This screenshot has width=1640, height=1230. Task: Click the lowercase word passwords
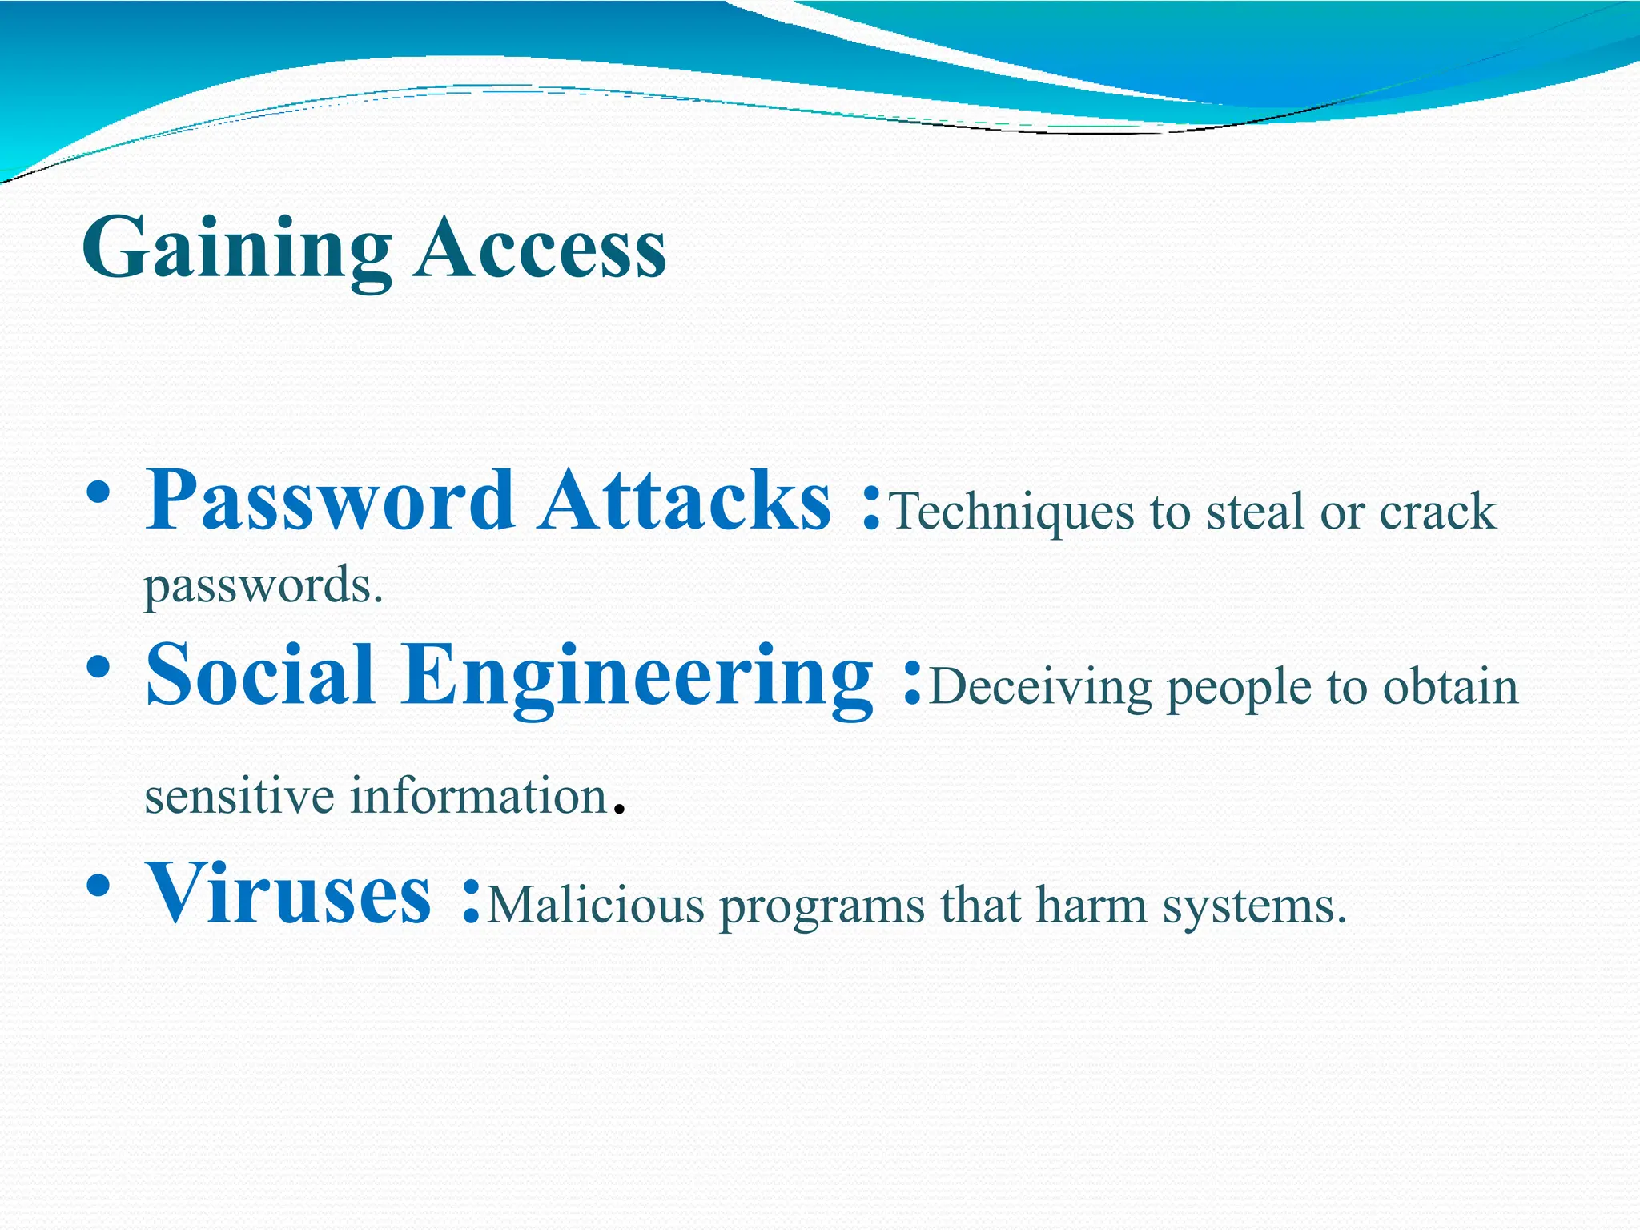(263, 586)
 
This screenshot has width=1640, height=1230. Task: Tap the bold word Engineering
(637, 677)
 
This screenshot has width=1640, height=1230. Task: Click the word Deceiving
(1041, 687)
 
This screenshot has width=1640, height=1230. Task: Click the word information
(478, 796)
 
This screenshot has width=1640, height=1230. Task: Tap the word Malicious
(596, 906)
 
